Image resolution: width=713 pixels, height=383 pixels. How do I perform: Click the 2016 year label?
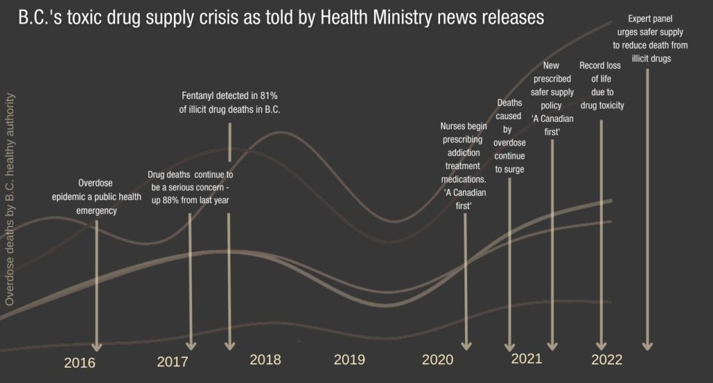click(x=79, y=363)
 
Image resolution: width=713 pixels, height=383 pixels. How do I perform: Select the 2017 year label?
click(x=173, y=362)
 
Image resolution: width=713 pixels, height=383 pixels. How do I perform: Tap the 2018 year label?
click(x=265, y=359)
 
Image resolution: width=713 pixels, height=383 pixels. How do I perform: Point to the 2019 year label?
click(x=350, y=359)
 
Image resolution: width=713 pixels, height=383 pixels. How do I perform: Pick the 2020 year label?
click(x=437, y=359)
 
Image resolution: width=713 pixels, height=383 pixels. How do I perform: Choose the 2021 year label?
click(x=526, y=359)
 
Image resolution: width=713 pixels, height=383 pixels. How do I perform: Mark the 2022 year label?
click(x=606, y=360)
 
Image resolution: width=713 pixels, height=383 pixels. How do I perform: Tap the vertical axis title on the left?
click(x=10, y=201)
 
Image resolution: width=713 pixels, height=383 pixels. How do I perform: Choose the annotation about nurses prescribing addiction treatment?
click(x=464, y=166)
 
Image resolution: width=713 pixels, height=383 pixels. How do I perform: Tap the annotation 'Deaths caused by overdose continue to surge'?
click(x=509, y=136)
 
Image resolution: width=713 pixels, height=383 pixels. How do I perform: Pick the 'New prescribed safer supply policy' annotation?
click(x=552, y=98)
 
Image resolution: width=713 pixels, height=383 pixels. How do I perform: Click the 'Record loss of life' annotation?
click(x=602, y=86)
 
